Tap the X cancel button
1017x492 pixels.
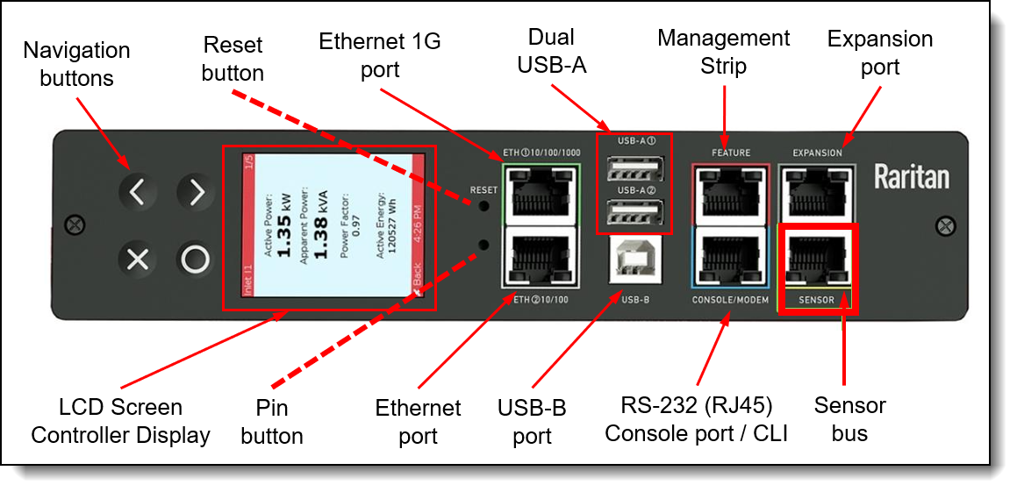coord(138,260)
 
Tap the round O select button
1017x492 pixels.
coord(196,260)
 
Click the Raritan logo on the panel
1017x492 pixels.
coord(911,178)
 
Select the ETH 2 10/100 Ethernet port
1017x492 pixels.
coord(539,256)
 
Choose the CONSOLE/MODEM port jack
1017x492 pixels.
coord(730,256)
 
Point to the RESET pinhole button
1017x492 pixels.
coord(484,208)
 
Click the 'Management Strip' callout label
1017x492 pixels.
coord(723,51)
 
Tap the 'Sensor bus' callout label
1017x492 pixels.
coord(849,418)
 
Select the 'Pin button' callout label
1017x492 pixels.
coord(272,421)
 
